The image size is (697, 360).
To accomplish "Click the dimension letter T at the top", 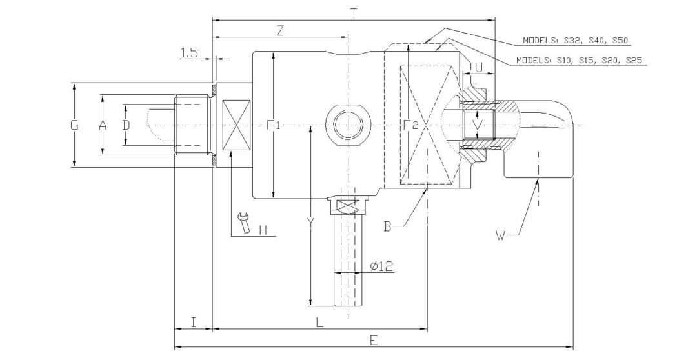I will click(x=353, y=12).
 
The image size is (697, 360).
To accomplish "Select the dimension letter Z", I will click(x=280, y=32).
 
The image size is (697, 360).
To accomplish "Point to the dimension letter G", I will click(x=75, y=125).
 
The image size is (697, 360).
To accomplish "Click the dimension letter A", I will click(x=102, y=125).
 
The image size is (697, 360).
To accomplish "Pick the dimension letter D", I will click(x=126, y=125).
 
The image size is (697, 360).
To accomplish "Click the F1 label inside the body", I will click(x=274, y=125).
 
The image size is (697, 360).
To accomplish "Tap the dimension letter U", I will click(x=478, y=66).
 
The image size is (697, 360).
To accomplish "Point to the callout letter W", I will click(x=500, y=236).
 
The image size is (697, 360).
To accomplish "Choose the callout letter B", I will click(x=387, y=226).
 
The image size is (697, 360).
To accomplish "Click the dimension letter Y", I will click(x=310, y=222).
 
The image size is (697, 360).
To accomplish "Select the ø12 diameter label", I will click(x=383, y=266).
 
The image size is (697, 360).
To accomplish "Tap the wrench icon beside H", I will click(x=243, y=223).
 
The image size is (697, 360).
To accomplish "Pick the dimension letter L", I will click(x=319, y=323).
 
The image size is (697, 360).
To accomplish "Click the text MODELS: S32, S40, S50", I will click(x=575, y=40).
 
